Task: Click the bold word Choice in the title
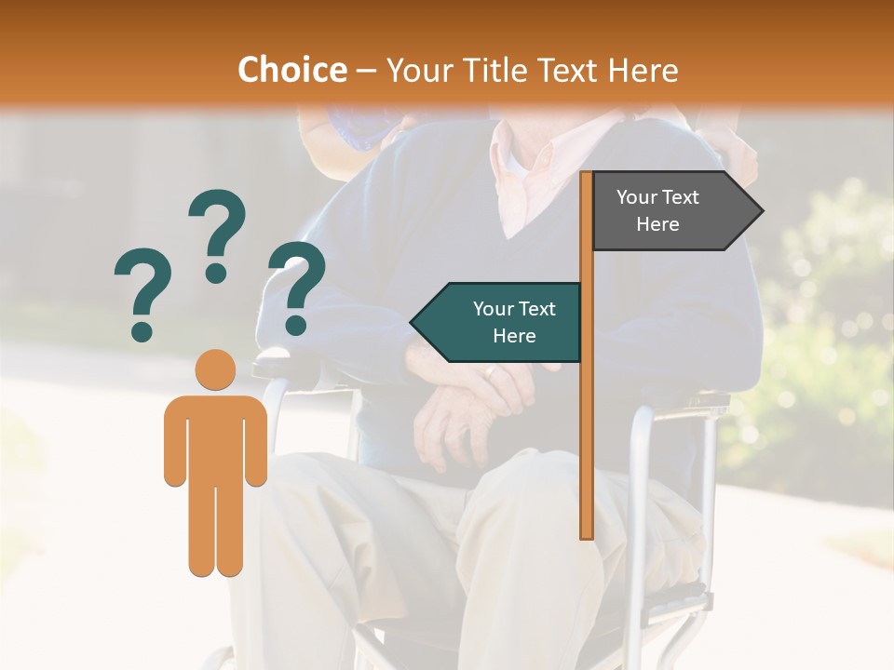[x=291, y=70]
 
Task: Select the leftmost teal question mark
[x=142, y=288]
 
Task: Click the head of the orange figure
[x=215, y=370]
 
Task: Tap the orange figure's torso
[x=215, y=437]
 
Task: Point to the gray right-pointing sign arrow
[x=670, y=211]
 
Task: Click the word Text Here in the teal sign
[x=514, y=322]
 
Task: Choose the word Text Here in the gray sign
[x=657, y=210]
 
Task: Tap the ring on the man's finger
[x=491, y=372]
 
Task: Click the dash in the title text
[x=366, y=72]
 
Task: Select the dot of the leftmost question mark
[x=142, y=330]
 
